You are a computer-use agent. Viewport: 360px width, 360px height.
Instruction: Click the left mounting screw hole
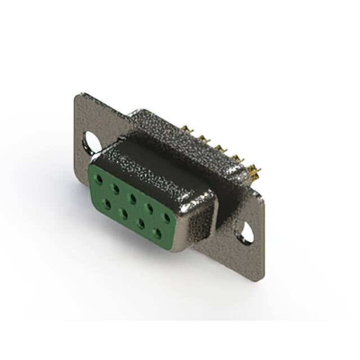(x=92, y=142)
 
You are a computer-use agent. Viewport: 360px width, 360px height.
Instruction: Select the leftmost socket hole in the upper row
(x=99, y=179)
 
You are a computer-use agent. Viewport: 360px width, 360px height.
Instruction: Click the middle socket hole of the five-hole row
(x=133, y=197)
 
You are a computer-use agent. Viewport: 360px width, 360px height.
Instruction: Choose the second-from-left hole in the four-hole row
(x=123, y=213)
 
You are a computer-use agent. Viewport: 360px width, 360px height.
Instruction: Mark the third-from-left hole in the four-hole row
(x=141, y=222)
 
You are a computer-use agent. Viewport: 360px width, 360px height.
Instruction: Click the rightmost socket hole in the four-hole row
(x=157, y=232)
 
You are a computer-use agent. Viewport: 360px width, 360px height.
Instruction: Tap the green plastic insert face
(x=132, y=208)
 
